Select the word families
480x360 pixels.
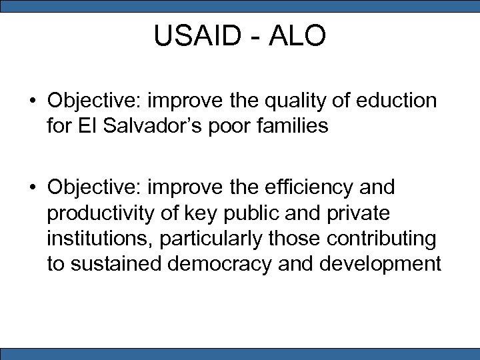pyautogui.click(x=295, y=126)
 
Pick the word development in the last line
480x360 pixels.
pyautogui.click(x=381, y=263)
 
